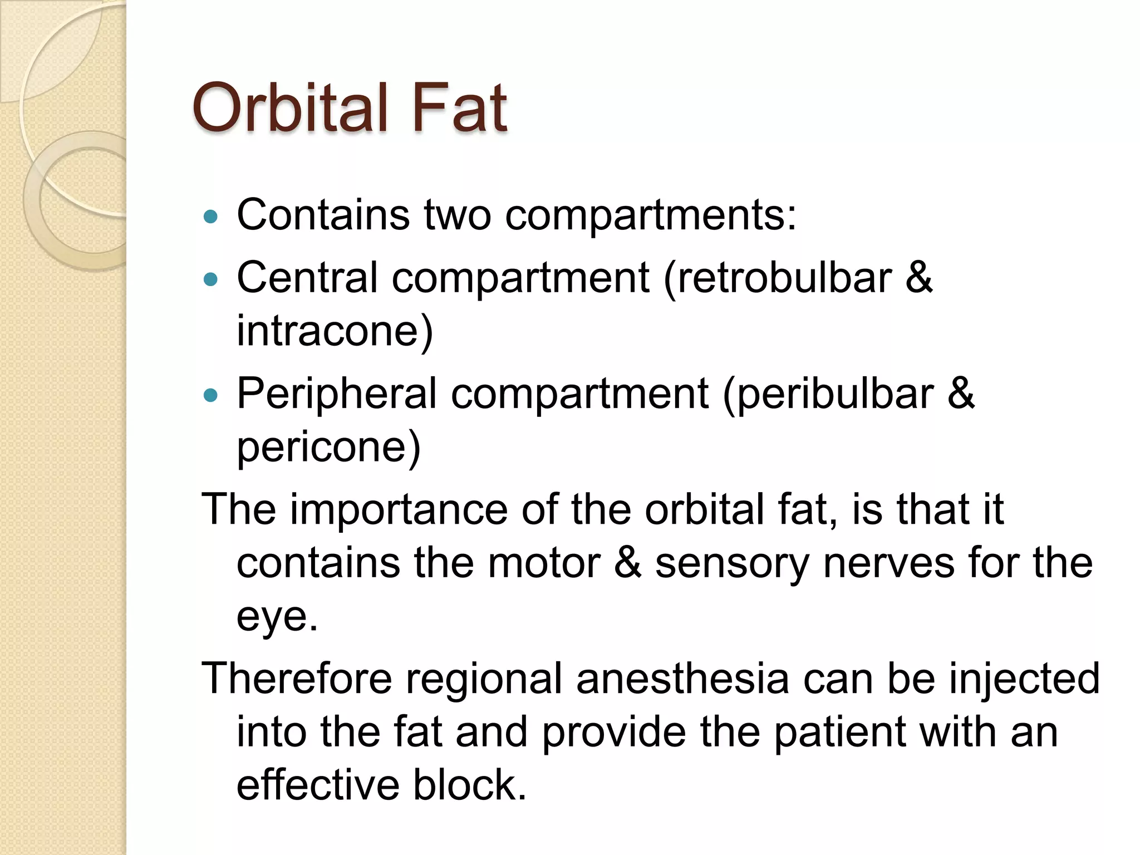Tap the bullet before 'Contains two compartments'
[x=210, y=217]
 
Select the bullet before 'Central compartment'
[x=210, y=279]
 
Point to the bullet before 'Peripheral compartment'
[x=210, y=396]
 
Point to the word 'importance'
[x=399, y=509]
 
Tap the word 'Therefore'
[x=297, y=679]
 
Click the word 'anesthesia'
[x=682, y=679]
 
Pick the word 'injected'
[x=1024, y=680]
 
